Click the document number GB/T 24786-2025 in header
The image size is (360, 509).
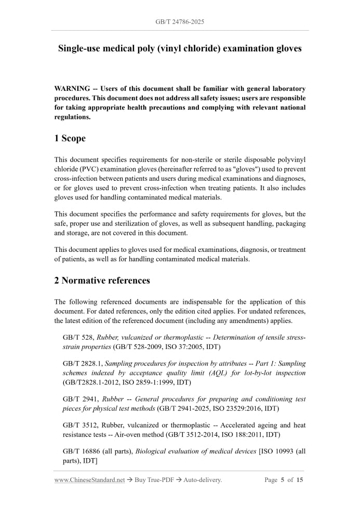180,22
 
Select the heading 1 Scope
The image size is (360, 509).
70,138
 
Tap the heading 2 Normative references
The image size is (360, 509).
102,280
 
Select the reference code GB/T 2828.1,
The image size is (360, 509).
83,364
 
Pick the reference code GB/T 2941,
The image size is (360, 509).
81,399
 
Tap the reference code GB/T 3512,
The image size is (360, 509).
81,425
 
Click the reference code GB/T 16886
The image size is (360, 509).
83,451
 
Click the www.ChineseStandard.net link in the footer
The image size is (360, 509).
89,480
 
